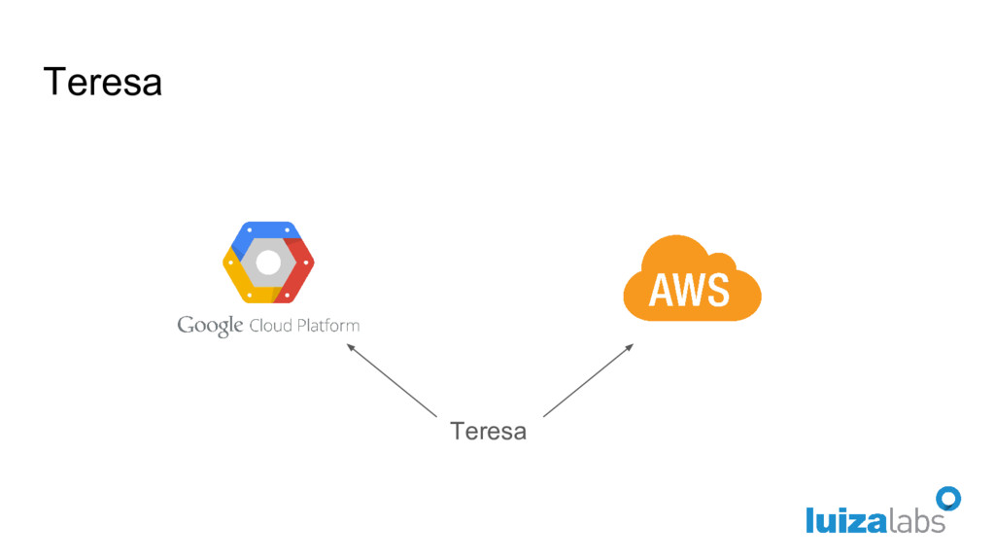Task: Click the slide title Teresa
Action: (x=102, y=83)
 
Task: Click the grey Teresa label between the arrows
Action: (x=488, y=431)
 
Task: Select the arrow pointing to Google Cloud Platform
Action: (x=392, y=379)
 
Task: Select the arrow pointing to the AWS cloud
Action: (x=588, y=379)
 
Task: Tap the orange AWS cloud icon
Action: (x=691, y=279)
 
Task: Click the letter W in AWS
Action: (x=689, y=290)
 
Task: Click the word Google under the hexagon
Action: (x=210, y=326)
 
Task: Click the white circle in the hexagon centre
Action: (x=268, y=262)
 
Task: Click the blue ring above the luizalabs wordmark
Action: (x=948, y=499)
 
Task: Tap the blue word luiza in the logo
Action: (x=844, y=521)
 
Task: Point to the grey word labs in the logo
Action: (x=915, y=521)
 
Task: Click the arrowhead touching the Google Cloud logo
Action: (x=352, y=347)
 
